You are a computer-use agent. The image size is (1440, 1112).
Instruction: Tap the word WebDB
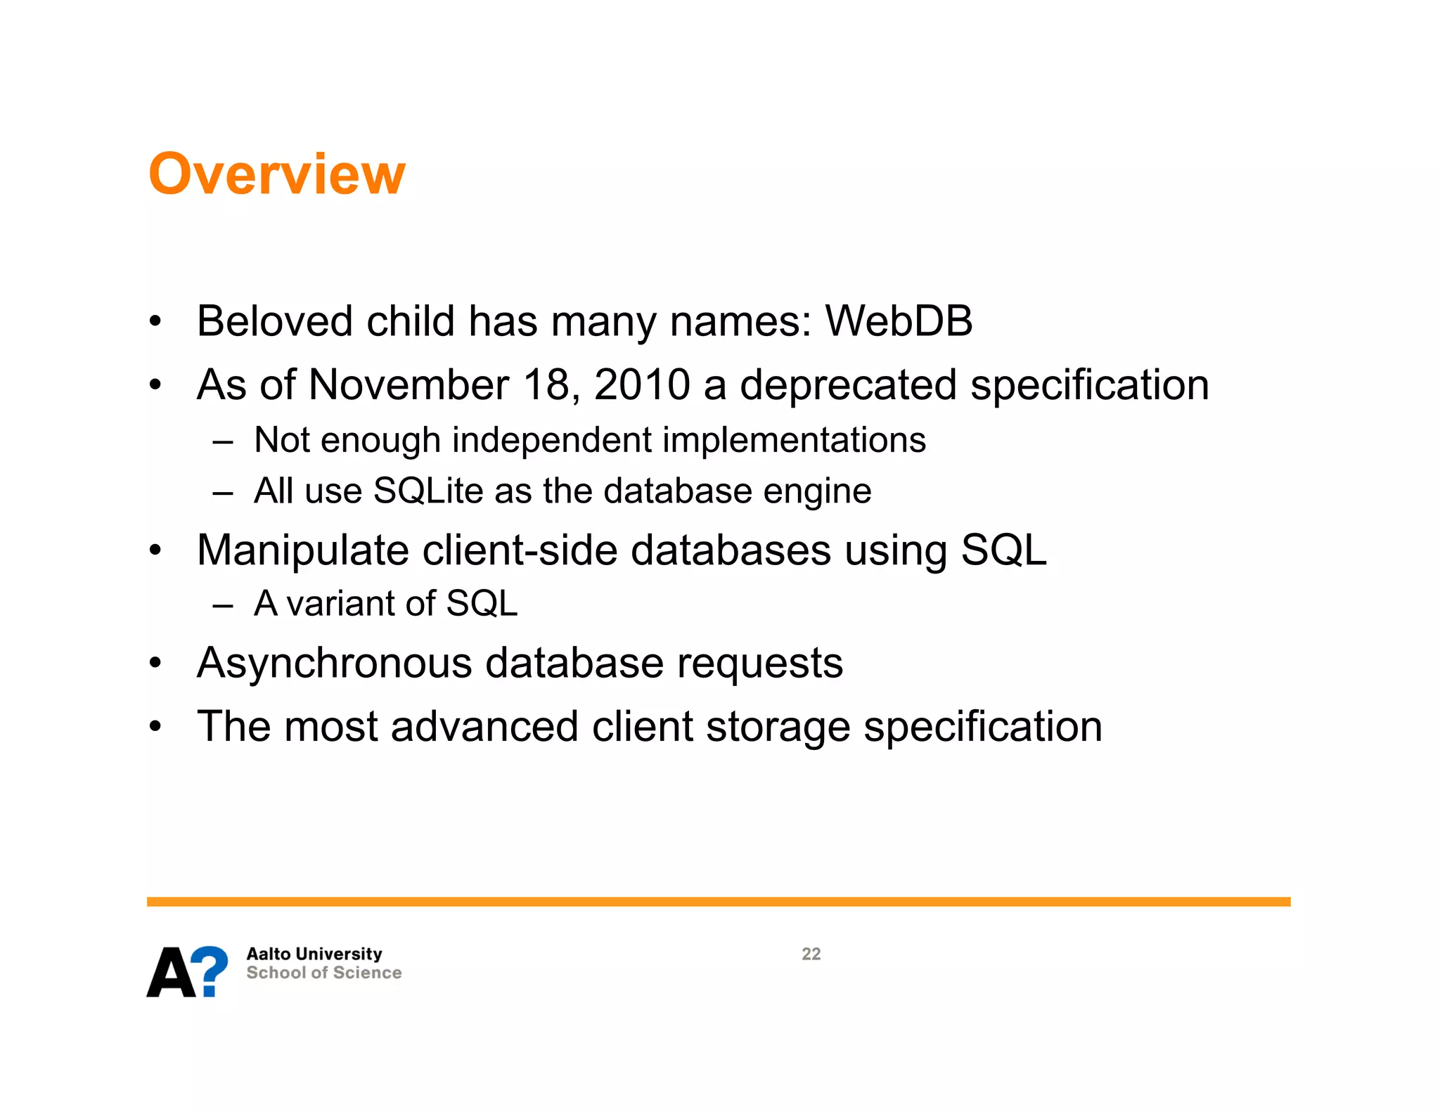[x=898, y=321]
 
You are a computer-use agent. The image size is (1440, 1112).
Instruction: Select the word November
[x=409, y=385]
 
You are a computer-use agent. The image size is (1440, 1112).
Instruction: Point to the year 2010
[x=641, y=385]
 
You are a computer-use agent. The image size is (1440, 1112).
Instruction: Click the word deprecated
[x=848, y=385]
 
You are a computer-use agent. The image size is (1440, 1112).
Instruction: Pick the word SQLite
[x=427, y=491]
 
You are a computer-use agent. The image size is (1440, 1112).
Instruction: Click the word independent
[x=551, y=441]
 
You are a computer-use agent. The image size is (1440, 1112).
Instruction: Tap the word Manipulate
[x=302, y=550]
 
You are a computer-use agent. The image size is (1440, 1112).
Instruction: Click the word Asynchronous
[x=334, y=664]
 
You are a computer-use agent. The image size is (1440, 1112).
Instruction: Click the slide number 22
[x=811, y=954]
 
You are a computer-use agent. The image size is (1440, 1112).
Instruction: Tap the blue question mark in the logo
[x=210, y=970]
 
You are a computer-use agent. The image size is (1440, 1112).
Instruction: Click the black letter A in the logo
[x=171, y=973]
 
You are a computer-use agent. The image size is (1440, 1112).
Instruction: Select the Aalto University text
[x=314, y=954]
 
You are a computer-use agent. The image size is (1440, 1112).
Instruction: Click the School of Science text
[x=323, y=973]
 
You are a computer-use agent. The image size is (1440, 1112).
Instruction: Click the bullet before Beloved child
[x=155, y=322]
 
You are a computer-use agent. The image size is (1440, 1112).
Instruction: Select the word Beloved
[x=274, y=321]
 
